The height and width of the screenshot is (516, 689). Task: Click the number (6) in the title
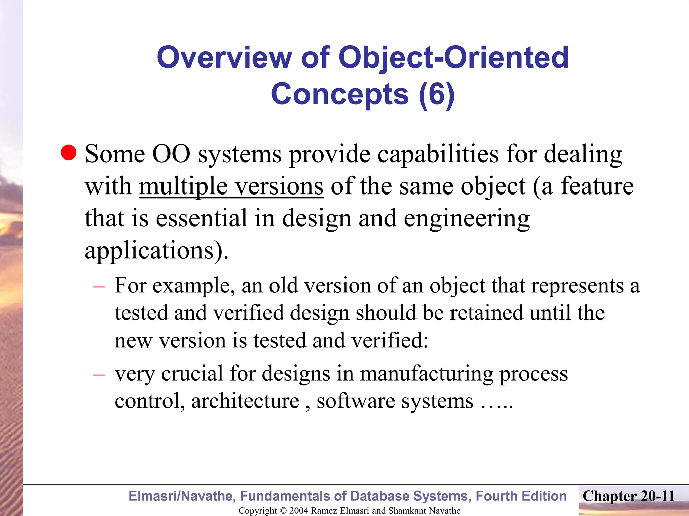[x=437, y=94]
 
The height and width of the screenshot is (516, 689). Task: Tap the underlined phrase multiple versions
[x=231, y=186]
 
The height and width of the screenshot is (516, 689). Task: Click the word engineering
[x=466, y=218]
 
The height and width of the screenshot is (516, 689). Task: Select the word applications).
[x=156, y=250]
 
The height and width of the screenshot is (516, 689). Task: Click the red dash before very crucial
[x=99, y=374]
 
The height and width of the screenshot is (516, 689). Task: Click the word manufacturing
[x=426, y=374]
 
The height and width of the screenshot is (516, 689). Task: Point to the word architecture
[x=245, y=401]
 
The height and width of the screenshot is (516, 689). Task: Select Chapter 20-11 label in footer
[x=628, y=496]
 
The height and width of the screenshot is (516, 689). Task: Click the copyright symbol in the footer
[x=283, y=511]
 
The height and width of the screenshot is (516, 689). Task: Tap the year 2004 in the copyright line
[x=298, y=511]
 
